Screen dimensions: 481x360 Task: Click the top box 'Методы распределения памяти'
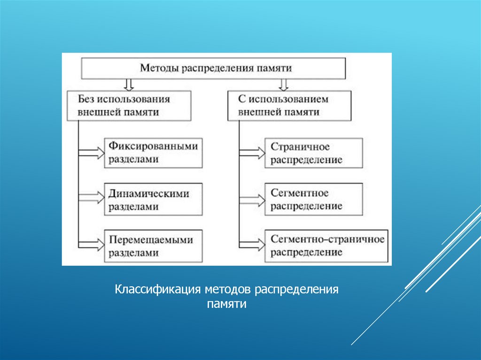(214, 68)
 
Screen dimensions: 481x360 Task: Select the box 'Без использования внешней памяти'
(129, 106)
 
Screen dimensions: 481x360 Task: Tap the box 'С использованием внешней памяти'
(289, 106)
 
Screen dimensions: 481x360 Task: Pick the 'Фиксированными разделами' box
(153, 153)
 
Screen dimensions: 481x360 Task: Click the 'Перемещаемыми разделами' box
(153, 246)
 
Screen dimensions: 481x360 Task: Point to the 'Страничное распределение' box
(314, 153)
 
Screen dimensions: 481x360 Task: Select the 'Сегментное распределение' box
(314, 199)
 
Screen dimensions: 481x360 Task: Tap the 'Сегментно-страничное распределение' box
(326, 246)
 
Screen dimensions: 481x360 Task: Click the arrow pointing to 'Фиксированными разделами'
(92, 153)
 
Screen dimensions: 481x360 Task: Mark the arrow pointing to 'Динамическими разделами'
(92, 199)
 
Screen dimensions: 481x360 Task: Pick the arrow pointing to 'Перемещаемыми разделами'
(92, 245)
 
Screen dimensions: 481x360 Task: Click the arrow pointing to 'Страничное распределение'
(253, 152)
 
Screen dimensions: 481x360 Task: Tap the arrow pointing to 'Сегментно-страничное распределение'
(253, 245)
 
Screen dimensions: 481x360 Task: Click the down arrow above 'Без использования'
(129, 84)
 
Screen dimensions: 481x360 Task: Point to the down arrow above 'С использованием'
(283, 84)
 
